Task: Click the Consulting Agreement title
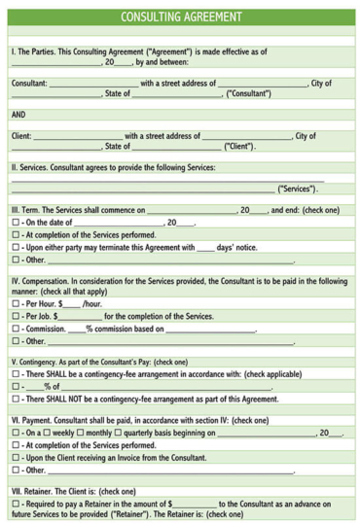(x=181, y=17)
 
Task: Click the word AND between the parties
(x=19, y=114)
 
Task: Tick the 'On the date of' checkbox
(x=15, y=223)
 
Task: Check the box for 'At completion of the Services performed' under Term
(x=15, y=235)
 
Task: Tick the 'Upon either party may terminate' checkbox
(x=15, y=248)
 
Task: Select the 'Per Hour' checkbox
(x=15, y=303)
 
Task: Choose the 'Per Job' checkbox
(x=15, y=316)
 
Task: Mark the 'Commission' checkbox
(x=15, y=329)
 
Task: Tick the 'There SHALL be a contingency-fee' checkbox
(x=15, y=374)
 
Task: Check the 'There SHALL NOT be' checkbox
(x=15, y=399)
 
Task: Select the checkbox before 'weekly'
(x=46, y=433)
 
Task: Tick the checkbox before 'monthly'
(x=81, y=433)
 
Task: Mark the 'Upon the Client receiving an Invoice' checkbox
(x=15, y=457)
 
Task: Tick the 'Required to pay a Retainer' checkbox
(x=15, y=504)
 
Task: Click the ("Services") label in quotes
(x=298, y=189)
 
